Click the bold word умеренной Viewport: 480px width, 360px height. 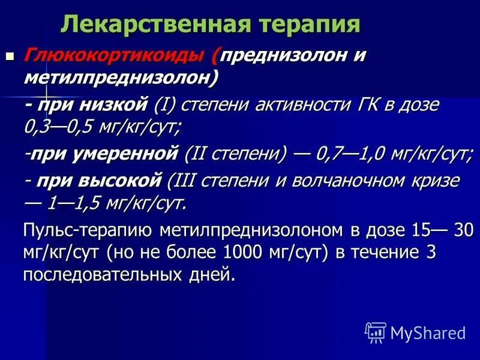(x=133, y=153)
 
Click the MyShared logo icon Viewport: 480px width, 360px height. (x=376, y=332)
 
